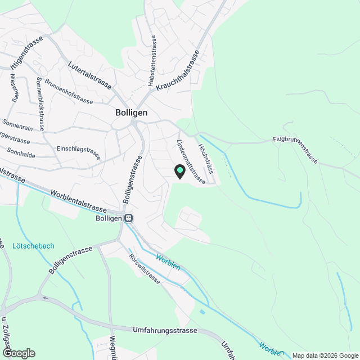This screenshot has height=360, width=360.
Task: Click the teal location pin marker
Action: coord(180,170)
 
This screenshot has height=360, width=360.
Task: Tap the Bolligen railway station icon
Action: coord(129,218)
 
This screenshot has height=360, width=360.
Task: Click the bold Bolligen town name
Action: coord(131,112)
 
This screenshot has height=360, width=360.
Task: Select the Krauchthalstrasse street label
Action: coord(179,70)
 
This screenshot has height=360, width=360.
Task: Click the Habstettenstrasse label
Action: coord(151,61)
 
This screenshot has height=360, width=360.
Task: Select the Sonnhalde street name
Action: coord(21,152)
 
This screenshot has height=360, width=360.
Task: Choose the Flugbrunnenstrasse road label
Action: coord(295,149)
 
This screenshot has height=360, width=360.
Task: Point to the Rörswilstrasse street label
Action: coord(145,269)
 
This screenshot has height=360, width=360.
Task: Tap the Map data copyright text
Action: coord(325,355)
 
